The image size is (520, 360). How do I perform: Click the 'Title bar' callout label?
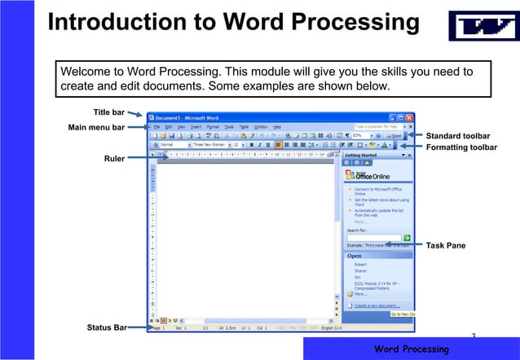pos(109,112)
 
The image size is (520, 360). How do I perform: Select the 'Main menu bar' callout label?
pos(96,128)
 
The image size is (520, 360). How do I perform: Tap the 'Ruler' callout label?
pos(114,159)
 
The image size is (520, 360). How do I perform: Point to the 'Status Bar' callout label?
pos(107,327)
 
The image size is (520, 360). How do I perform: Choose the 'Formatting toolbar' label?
pos(462,147)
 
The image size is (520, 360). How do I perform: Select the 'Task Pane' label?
pos(446,245)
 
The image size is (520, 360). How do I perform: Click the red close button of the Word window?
pos(411,117)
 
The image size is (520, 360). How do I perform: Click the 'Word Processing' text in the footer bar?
pos(411,349)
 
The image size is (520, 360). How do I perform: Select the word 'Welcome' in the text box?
pos(89,71)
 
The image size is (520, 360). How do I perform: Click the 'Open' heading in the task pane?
pos(355,255)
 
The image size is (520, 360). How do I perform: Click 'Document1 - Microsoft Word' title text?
pos(187,117)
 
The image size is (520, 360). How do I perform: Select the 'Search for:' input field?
pos(372,236)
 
